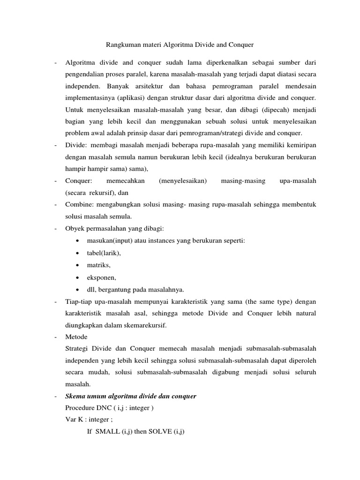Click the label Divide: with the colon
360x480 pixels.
pyautogui.click(x=77, y=145)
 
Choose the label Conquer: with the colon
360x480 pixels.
pyautogui.click(x=79, y=180)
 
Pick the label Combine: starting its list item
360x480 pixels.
pyautogui.click(x=80, y=204)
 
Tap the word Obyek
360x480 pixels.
pyautogui.click(x=75, y=228)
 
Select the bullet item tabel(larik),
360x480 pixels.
pyautogui.click(x=104, y=253)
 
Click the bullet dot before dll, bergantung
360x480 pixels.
pyautogui.click(x=76, y=289)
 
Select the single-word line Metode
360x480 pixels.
pyautogui.click(x=76, y=337)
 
